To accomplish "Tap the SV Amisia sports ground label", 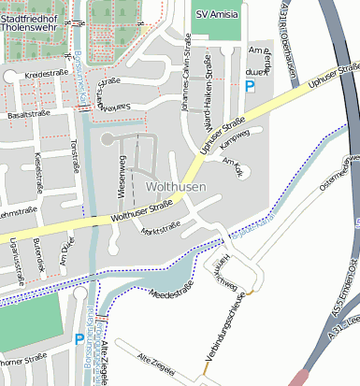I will click(x=216, y=15).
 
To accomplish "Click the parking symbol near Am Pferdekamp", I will click(x=250, y=86).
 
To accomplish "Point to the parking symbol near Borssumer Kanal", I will click(x=79, y=340).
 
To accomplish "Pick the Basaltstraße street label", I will click(x=28, y=113).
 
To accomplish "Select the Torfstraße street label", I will click(x=75, y=158).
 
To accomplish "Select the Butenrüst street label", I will click(x=38, y=253).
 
